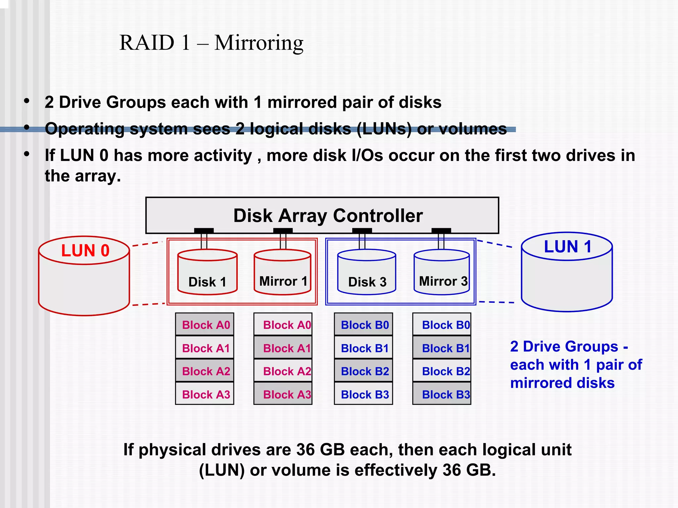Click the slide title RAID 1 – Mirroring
point(211,43)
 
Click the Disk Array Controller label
point(328,216)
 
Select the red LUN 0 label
point(85,250)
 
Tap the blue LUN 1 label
point(567,247)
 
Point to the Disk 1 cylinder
point(207,272)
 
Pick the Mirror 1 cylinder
point(282,272)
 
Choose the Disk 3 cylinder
point(366,272)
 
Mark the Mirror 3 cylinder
point(442,272)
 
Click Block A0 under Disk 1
point(205,325)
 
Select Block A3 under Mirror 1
point(283,394)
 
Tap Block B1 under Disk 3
point(364,348)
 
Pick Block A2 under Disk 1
point(205,371)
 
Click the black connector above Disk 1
point(204,230)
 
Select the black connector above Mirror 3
point(441,230)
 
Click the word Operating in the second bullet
point(84,129)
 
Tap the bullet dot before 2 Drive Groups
point(27,101)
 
